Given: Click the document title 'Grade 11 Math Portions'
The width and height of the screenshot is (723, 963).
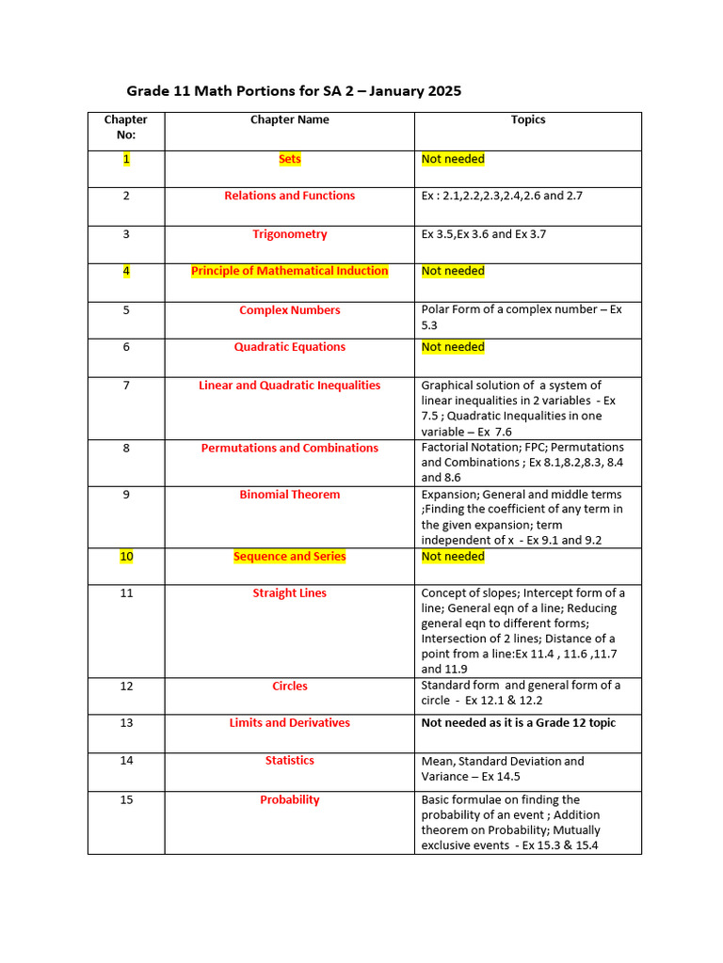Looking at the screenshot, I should click(294, 91).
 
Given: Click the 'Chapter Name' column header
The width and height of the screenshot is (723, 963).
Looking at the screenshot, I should click(289, 120).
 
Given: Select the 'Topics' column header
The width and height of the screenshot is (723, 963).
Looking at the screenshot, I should click(527, 120).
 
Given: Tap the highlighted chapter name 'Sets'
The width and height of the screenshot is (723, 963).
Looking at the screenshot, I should click(289, 159).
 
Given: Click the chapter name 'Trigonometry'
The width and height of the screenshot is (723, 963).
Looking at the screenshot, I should click(289, 234).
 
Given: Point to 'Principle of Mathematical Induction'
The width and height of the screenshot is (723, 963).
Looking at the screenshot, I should click(289, 271).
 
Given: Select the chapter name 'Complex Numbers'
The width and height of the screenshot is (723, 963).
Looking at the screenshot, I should click(289, 310).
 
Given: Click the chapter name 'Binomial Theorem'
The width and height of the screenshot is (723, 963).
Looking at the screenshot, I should click(289, 495).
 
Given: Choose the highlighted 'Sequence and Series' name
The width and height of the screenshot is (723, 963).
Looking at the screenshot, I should click(289, 557).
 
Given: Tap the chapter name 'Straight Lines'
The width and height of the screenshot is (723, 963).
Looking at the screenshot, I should click(289, 593).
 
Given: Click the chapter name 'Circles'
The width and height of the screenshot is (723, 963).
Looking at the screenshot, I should click(289, 687).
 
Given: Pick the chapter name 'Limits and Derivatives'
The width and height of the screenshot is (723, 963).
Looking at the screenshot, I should click(289, 723).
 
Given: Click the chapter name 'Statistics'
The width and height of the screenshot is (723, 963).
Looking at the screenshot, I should click(289, 761).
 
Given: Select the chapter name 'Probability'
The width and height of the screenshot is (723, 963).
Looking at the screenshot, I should click(289, 800).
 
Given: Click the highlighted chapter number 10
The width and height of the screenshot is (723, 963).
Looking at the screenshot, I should click(126, 557).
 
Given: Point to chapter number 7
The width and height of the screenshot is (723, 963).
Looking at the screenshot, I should click(126, 386).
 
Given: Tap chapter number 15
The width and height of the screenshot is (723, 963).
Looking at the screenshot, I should click(126, 800).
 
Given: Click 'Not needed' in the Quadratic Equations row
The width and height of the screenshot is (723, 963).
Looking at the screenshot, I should click(453, 347).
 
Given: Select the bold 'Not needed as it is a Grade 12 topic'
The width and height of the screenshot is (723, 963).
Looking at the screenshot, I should click(518, 723).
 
